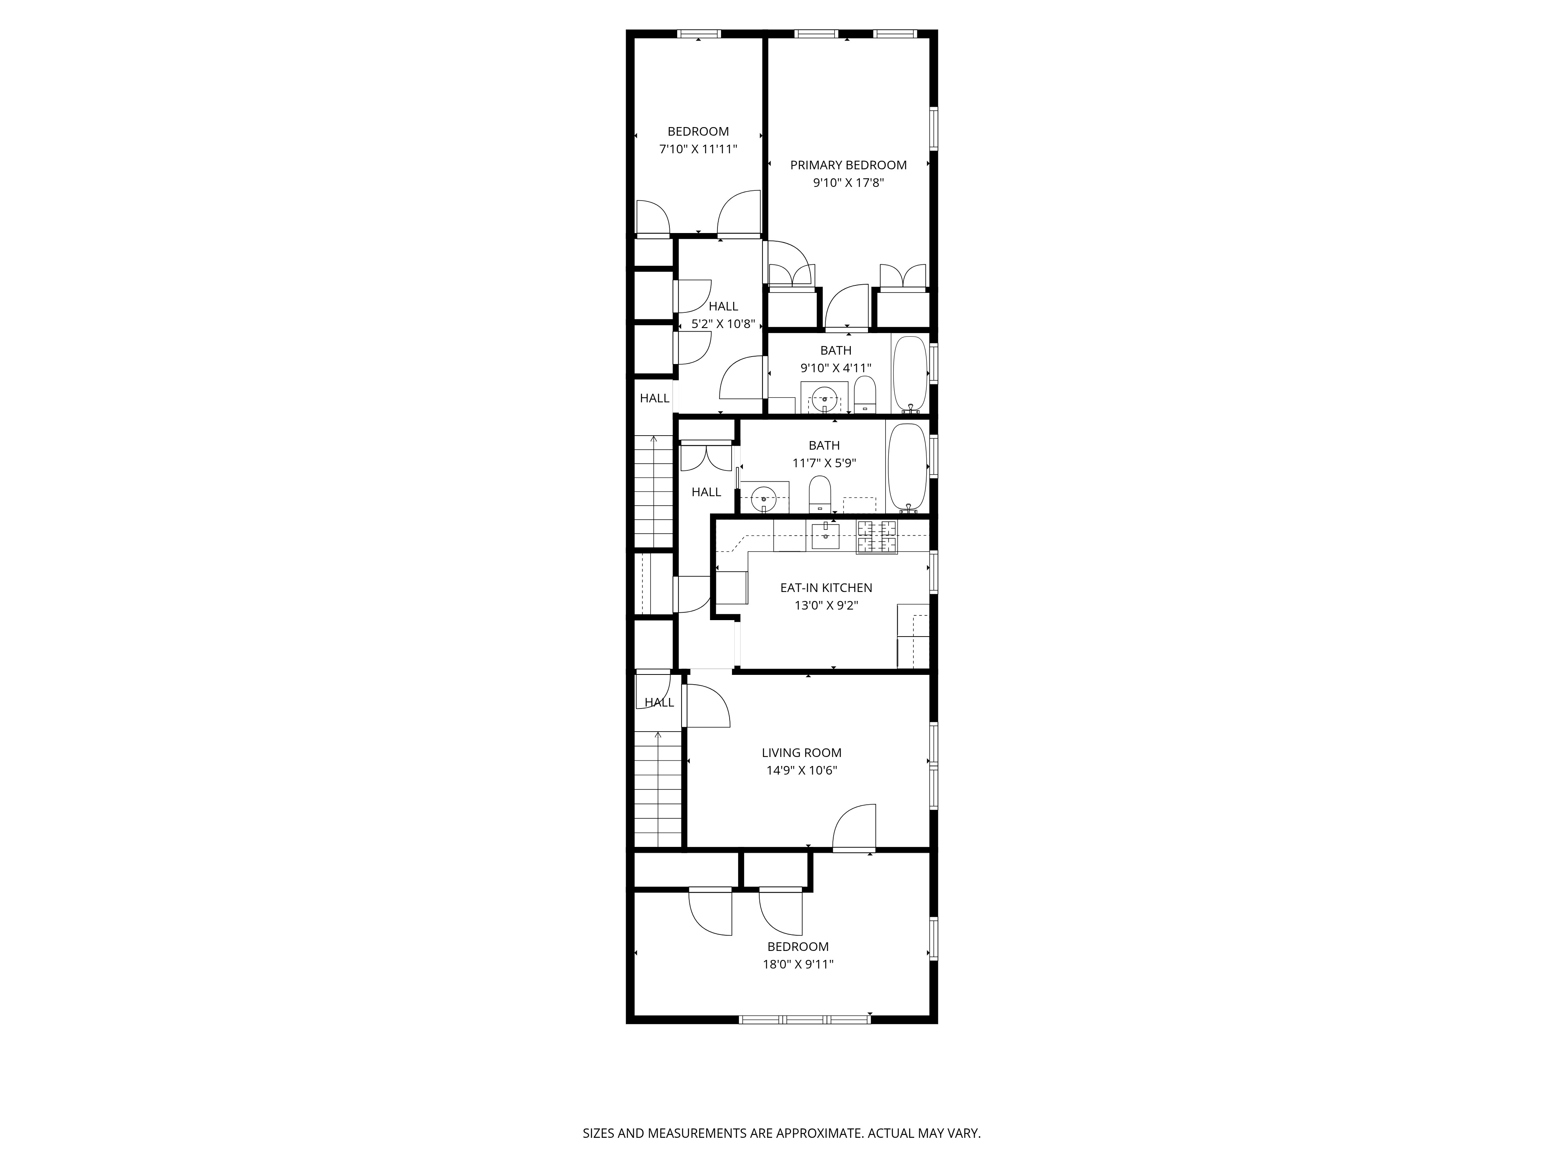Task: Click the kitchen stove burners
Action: [x=877, y=537]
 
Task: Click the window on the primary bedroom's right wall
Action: [x=933, y=129]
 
